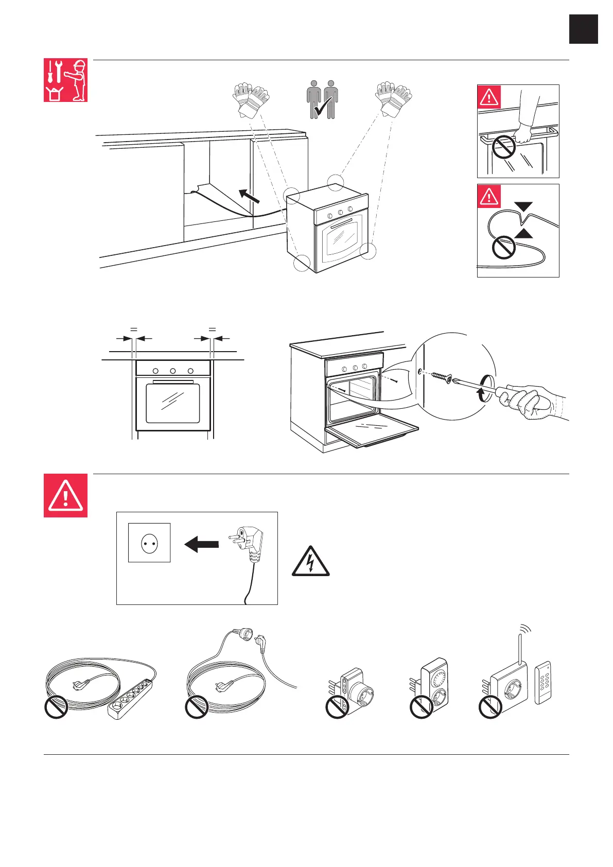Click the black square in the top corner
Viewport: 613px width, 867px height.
(584, 29)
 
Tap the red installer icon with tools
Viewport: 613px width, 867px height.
(65, 80)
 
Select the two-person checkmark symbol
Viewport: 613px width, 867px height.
(322, 99)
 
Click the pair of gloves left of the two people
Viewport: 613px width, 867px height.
(251, 99)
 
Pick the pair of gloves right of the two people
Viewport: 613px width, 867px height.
(394, 98)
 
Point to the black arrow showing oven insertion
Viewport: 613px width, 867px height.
(249, 196)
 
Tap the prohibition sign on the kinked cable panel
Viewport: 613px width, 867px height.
(503, 248)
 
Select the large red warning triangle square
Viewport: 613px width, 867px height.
(65, 495)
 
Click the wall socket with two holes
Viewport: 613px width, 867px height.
(149, 544)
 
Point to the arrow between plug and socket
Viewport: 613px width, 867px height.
(201, 544)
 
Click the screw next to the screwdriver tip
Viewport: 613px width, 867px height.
(438, 377)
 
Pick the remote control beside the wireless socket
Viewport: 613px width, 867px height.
(543, 682)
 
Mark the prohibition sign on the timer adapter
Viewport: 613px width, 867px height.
(421, 707)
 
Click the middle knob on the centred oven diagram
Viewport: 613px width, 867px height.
(173, 371)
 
